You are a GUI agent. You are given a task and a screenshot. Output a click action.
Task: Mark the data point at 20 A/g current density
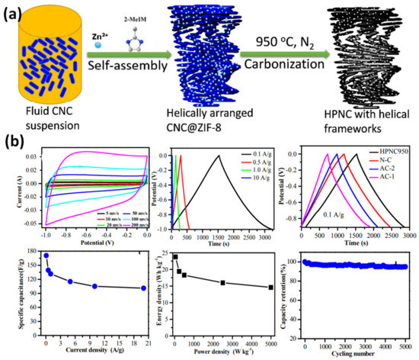tap(143, 288)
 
